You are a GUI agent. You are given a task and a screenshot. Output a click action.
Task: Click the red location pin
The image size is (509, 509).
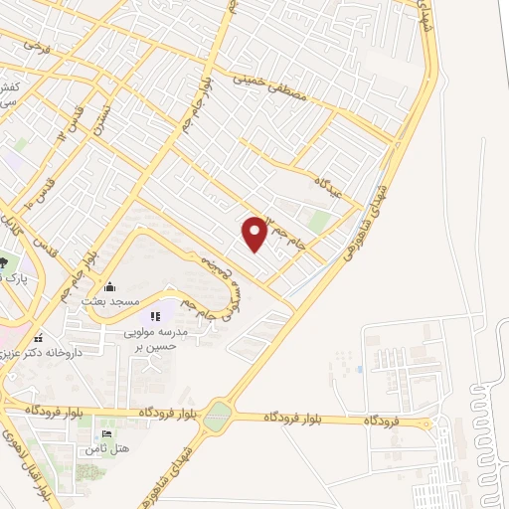tap(255, 232)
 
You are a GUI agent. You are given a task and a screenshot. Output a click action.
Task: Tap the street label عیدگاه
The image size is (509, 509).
tap(329, 187)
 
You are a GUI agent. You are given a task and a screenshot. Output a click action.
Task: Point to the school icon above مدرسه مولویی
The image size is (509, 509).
tap(155, 317)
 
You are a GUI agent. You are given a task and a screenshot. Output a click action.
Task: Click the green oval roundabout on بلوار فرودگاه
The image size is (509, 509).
tap(217, 417)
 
